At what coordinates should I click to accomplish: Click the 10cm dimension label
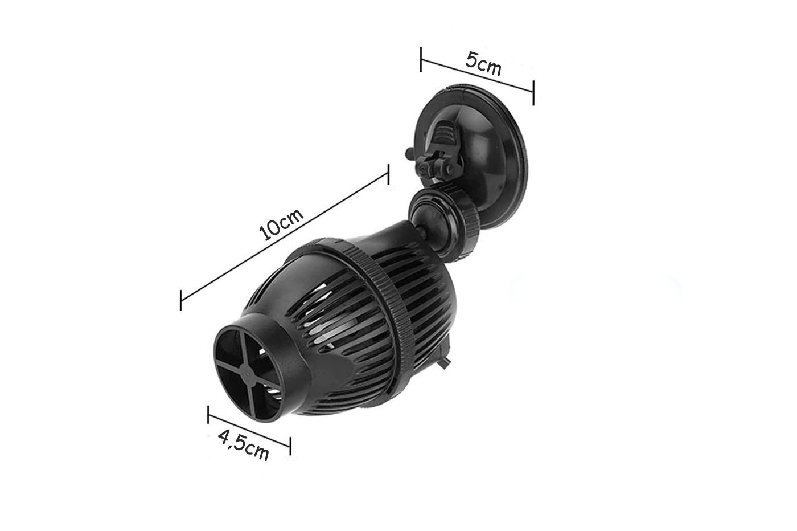(x=281, y=224)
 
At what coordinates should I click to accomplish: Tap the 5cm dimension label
(x=483, y=64)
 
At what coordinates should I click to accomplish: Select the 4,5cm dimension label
(x=243, y=445)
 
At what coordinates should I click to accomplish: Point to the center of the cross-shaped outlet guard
(x=247, y=374)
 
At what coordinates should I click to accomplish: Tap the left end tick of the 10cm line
(x=181, y=301)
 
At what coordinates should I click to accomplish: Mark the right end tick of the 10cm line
(x=388, y=174)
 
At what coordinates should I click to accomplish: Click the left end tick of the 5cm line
(x=421, y=59)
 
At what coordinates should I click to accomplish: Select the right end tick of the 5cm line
(x=533, y=93)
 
